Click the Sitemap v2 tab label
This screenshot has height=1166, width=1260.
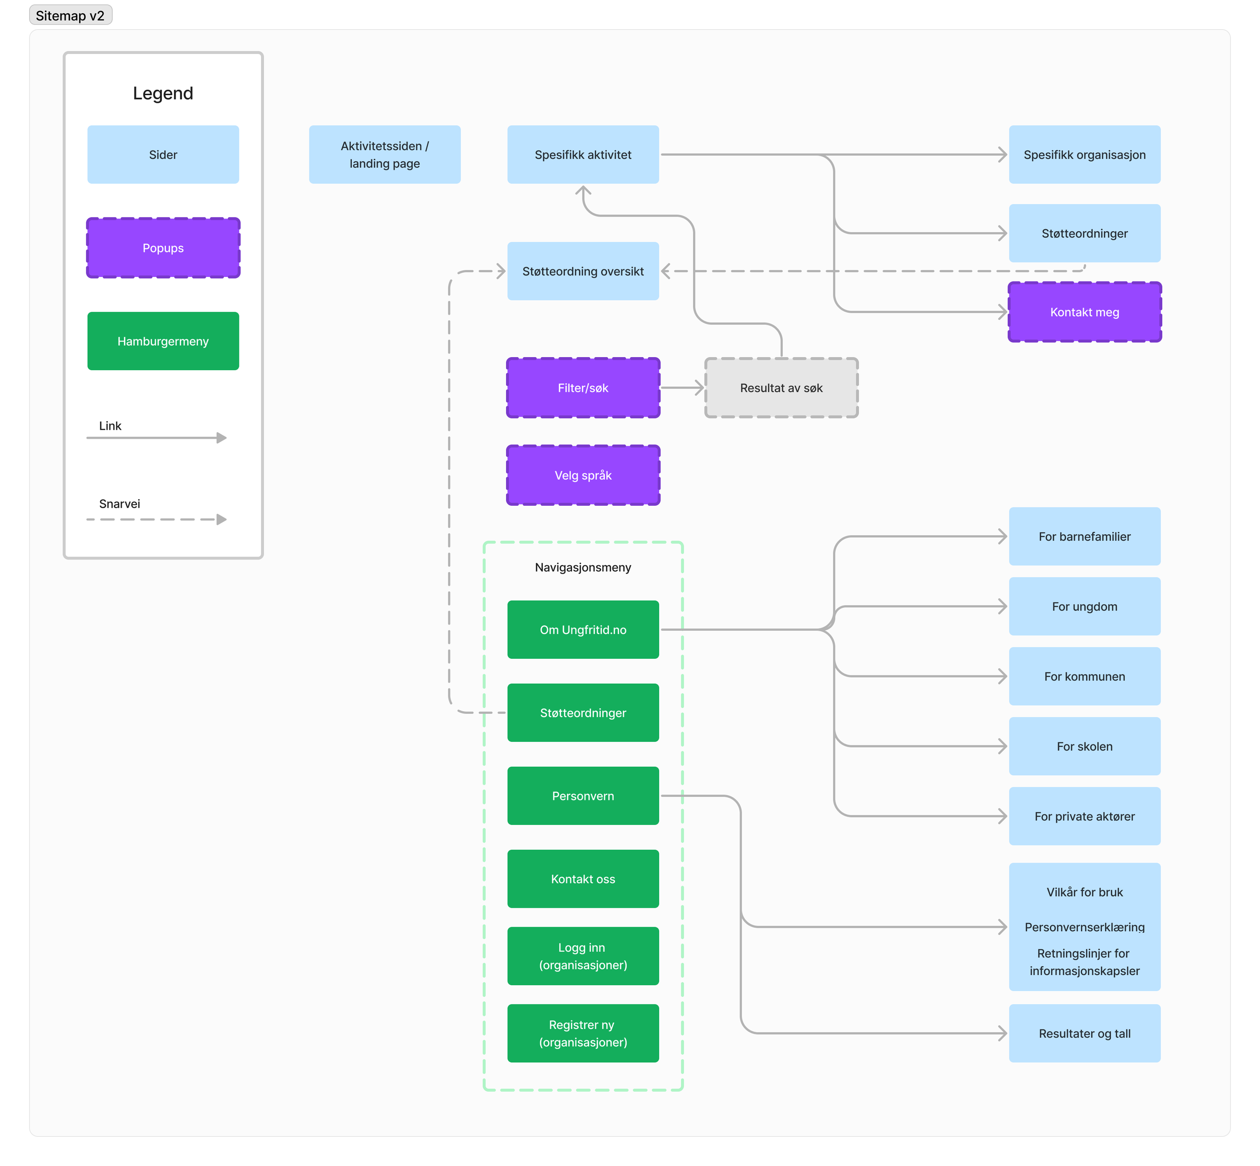pos(70,15)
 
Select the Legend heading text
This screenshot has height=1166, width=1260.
pos(163,93)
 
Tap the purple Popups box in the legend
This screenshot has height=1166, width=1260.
pos(163,248)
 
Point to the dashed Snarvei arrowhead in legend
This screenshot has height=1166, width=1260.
pos(221,519)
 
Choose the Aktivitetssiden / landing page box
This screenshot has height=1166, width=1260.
pos(385,155)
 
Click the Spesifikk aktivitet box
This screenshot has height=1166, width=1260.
pos(583,155)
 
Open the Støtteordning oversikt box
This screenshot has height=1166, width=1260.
pos(583,271)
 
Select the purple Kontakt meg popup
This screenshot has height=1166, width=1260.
pos(1085,312)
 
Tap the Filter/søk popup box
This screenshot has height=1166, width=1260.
pos(583,388)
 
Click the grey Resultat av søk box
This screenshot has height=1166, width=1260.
pos(781,388)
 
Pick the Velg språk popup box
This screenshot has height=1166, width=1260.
pos(583,475)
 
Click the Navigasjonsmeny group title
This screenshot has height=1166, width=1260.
pos(583,567)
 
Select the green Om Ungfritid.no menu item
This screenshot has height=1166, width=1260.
pos(583,630)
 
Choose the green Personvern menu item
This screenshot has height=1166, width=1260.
pos(583,796)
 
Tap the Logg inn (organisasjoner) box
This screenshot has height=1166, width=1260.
pos(583,956)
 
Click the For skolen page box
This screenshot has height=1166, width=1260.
pos(1085,746)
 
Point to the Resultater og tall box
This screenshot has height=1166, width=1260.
pos(1085,1034)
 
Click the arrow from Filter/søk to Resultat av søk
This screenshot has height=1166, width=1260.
pos(682,388)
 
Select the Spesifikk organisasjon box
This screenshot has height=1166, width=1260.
pos(1085,155)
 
